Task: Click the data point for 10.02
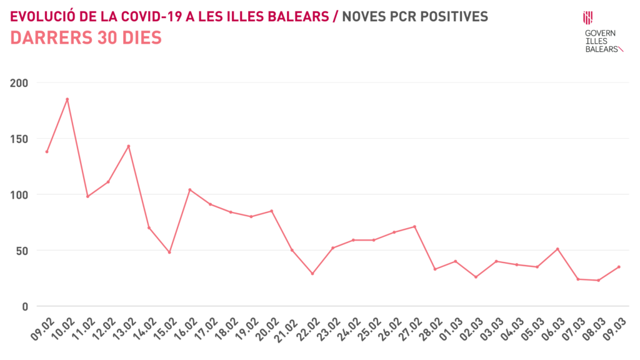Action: coord(67,99)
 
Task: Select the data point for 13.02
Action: coord(128,146)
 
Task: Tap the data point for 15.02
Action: coord(169,252)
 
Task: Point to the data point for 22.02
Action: coord(312,274)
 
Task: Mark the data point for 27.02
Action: coord(414,227)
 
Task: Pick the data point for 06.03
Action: coord(557,249)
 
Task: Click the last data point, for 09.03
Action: coord(619,267)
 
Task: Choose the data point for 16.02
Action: coord(189,190)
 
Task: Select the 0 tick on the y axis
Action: coord(24,306)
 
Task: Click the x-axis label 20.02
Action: coord(266,327)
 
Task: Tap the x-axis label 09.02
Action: coord(41,327)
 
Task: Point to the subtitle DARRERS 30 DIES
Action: coord(86,38)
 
